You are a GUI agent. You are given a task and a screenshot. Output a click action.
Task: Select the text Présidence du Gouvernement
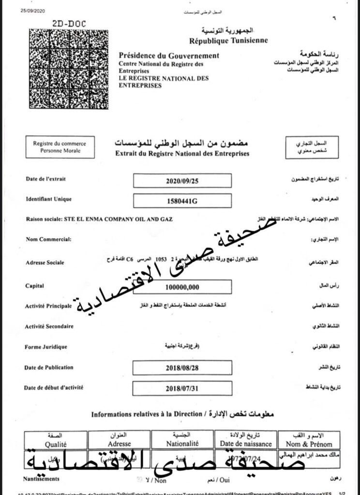tap(169, 56)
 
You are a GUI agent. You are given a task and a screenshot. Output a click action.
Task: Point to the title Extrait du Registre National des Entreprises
tap(182, 154)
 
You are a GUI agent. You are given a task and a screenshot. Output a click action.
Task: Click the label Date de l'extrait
tap(45, 179)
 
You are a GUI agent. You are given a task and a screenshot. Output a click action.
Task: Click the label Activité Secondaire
tap(49, 327)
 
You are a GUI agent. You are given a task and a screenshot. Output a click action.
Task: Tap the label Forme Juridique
tap(46, 347)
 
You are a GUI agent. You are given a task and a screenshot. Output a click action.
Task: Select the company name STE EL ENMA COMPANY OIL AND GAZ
tap(118, 219)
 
